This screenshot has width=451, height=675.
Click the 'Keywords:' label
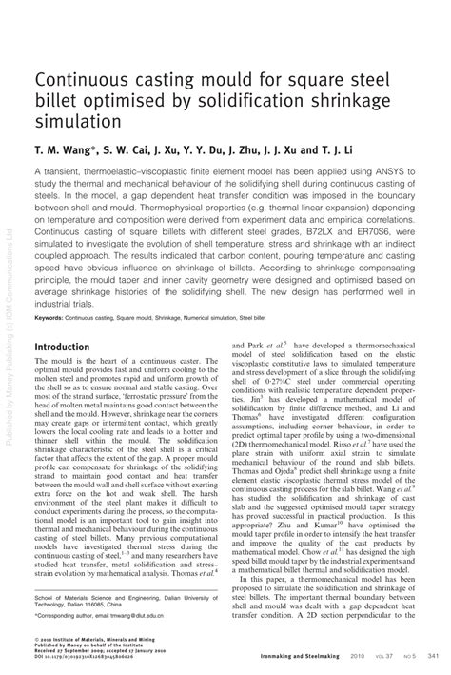click(x=56, y=316)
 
